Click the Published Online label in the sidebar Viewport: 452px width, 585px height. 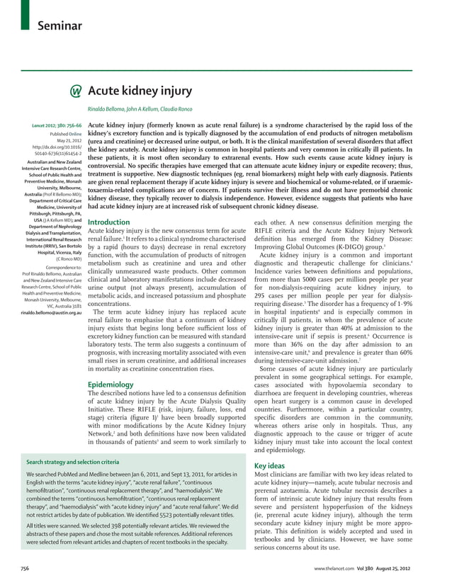[66, 134]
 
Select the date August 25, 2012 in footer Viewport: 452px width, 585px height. [413, 569]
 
